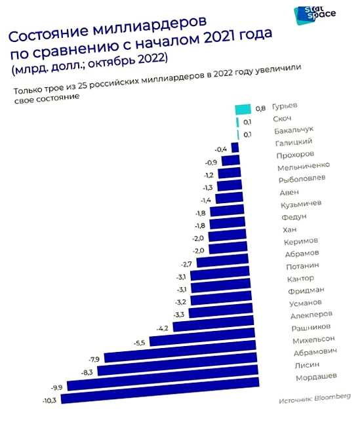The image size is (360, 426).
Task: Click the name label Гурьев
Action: (285, 106)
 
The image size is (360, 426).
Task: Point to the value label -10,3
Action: (50, 399)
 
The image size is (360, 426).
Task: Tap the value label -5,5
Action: (140, 343)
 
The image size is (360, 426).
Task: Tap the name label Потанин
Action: (303, 266)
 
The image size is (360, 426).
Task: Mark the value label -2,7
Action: (186, 263)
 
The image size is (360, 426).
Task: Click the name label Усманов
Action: (306, 303)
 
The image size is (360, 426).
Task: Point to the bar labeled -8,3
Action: (174, 371)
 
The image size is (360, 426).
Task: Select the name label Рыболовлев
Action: (302, 179)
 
